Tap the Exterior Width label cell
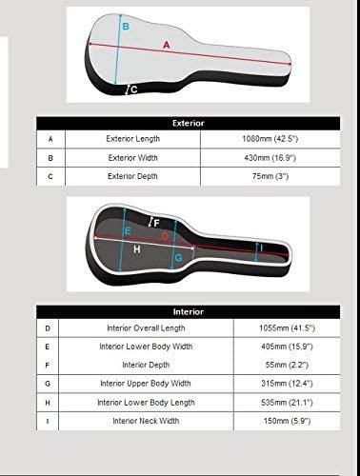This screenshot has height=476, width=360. (x=132, y=158)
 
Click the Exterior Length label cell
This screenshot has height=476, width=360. (x=132, y=139)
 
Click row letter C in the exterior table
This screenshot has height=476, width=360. (x=50, y=177)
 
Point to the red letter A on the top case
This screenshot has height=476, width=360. (x=168, y=45)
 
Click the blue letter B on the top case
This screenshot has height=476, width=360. (x=125, y=28)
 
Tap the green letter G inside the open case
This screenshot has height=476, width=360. (x=178, y=258)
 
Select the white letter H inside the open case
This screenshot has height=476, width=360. (x=136, y=249)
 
